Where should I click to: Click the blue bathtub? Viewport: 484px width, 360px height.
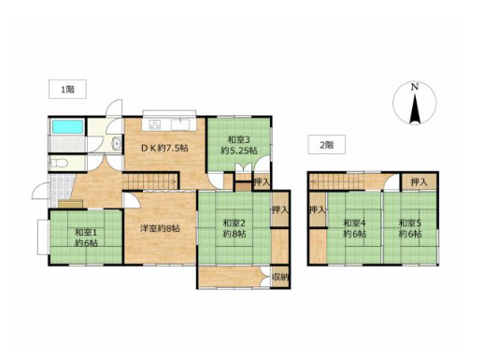67,126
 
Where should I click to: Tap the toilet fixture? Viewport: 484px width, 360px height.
61,163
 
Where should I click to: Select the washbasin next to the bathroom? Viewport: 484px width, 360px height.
117,143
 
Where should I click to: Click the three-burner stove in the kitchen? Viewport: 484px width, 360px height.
155,124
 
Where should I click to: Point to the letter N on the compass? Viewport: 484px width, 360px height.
414,87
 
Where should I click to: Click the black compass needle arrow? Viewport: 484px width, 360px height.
415,109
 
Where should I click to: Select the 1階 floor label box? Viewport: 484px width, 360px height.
67,90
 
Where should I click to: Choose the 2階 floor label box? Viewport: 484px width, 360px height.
327,145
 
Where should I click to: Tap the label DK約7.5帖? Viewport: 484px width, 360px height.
164,149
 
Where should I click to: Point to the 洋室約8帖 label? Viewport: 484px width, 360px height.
160,228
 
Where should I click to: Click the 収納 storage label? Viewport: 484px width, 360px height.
281,277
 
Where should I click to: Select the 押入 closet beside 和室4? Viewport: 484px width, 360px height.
317,210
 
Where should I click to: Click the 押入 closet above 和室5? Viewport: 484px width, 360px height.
419,182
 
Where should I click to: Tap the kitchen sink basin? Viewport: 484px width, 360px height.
180,124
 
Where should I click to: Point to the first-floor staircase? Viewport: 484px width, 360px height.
149,180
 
